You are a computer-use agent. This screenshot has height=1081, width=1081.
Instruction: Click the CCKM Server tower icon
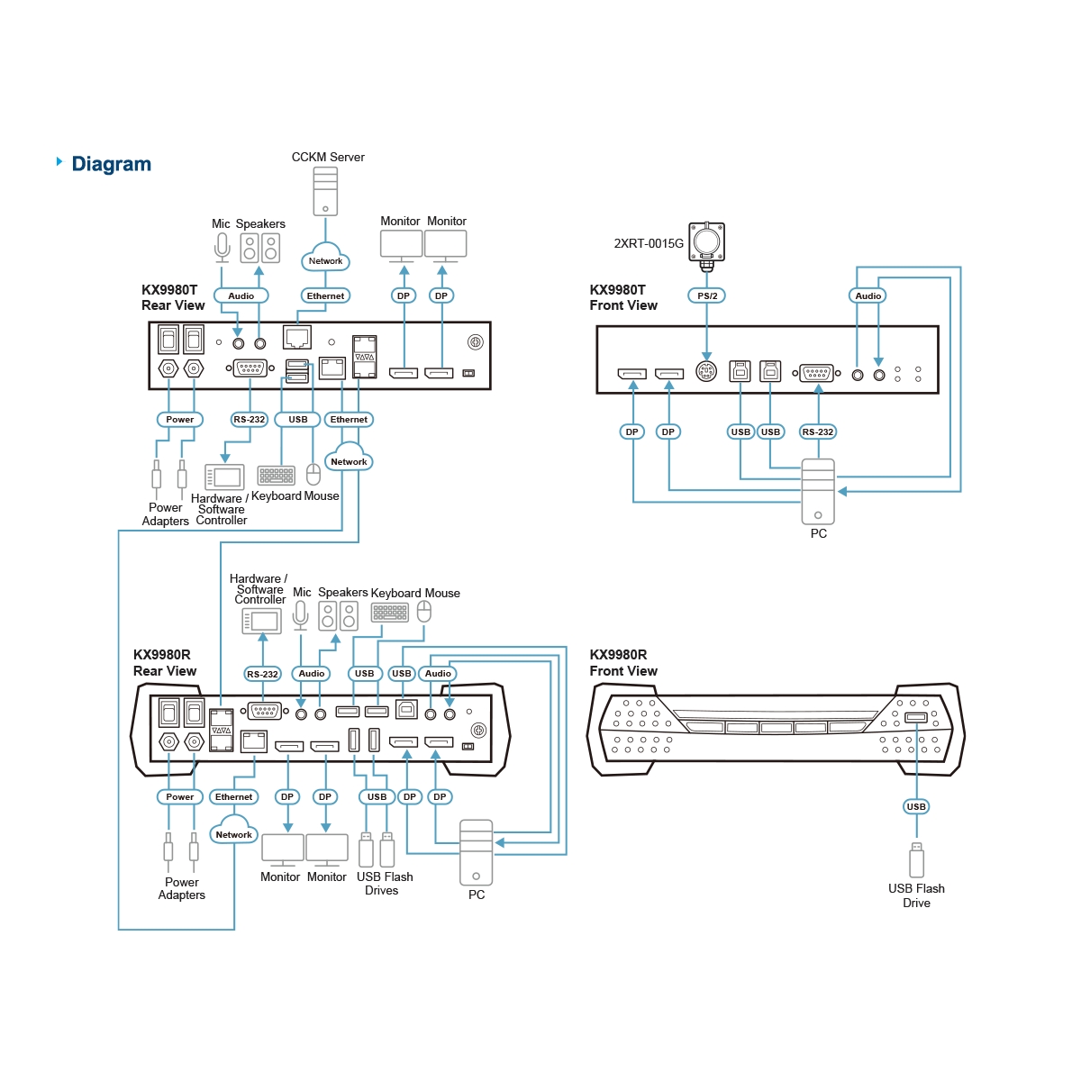click(x=325, y=191)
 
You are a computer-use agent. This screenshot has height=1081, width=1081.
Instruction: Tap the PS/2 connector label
click(x=706, y=295)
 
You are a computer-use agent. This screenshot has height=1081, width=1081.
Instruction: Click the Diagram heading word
click(x=111, y=164)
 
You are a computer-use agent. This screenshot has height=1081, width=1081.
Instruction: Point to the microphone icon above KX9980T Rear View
click(x=223, y=248)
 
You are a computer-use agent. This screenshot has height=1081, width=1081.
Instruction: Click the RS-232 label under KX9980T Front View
click(x=817, y=431)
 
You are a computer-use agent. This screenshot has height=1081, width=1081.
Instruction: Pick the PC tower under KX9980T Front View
click(x=817, y=492)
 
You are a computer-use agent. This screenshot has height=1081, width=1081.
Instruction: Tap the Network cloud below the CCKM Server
click(x=325, y=258)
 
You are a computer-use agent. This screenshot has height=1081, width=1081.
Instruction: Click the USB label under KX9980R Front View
click(x=916, y=806)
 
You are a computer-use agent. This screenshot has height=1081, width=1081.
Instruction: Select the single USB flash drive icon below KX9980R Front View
click(x=916, y=859)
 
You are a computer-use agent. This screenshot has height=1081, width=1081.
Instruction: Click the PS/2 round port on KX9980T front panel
click(x=705, y=371)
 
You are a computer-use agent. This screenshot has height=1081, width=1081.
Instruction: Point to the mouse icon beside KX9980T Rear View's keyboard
click(x=313, y=474)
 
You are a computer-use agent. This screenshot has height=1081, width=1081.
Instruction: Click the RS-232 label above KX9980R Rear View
click(x=262, y=674)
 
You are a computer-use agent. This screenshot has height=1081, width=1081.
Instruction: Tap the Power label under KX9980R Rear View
click(x=179, y=796)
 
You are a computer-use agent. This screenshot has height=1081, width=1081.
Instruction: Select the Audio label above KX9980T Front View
click(x=868, y=295)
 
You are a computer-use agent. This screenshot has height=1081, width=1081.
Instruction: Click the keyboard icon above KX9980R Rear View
click(x=390, y=612)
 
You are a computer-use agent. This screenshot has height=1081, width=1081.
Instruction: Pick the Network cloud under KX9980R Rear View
click(x=234, y=831)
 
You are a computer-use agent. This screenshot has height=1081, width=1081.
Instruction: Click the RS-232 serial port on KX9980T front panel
click(x=816, y=372)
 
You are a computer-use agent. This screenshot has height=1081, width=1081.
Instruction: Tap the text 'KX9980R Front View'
click(x=622, y=662)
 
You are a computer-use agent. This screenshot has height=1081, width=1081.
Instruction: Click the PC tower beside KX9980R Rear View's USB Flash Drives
click(x=476, y=852)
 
